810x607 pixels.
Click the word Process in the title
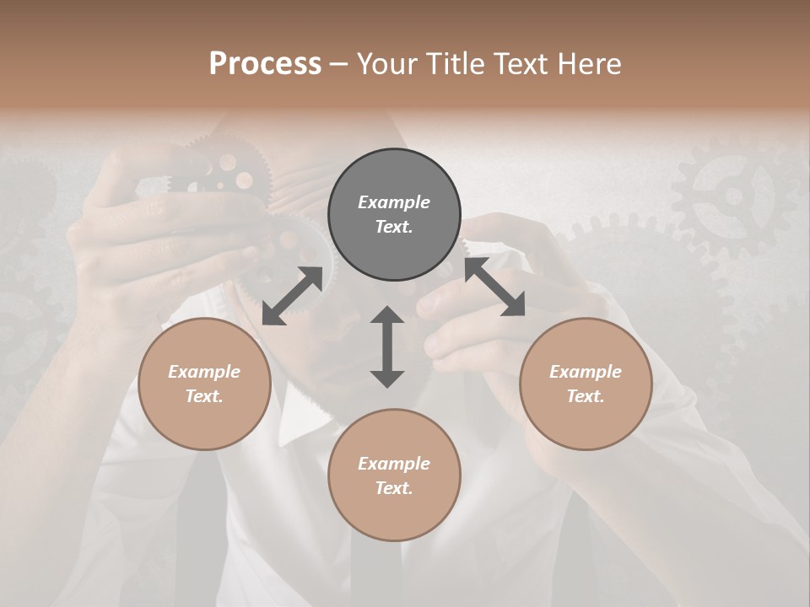pyautogui.click(x=265, y=63)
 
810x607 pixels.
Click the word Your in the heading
pyautogui.click(x=390, y=63)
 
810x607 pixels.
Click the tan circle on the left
pyautogui.click(x=204, y=422)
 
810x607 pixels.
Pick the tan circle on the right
pyautogui.click(x=586, y=422)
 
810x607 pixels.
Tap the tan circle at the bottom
pyautogui.click(x=394, y=514)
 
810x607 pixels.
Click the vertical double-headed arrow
pyautogui.click(x=387, y=346)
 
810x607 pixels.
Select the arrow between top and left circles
pyautogui.click(x=292, y=296)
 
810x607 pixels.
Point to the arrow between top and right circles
pyautogui.click(x=494, y=287)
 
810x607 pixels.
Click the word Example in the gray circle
pyautogui.click(x=394, y=202)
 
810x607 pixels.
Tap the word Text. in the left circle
pyautogui.click(x=204, y=396)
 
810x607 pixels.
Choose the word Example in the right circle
pyautogui.click(x=586, y=372)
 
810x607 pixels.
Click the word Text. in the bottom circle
pyautogui.click(x=394, y=488)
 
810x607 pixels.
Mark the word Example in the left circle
pyautogui.click(x=204, y=372)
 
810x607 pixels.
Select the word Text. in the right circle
pyautogui.click(x=586, y=396)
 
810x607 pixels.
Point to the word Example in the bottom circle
pyautogui.click(x=394, y=464)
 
